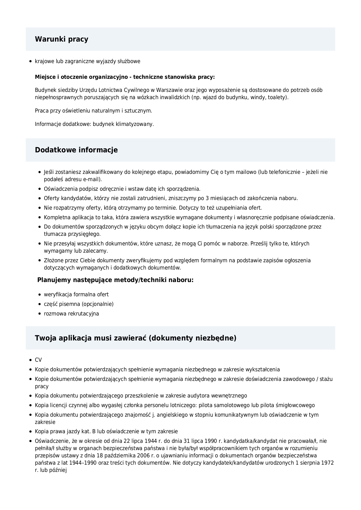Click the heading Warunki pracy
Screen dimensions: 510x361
coord(61,39)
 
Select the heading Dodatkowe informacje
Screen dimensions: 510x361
coord(76,150)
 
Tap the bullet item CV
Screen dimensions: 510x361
coord(38,360)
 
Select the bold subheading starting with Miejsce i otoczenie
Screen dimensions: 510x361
coord(125,77)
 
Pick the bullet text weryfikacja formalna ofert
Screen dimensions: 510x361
coord(76,295)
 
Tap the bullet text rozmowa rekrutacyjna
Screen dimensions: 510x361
coord(71,314)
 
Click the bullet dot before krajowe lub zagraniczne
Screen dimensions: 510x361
coord(30,61)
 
